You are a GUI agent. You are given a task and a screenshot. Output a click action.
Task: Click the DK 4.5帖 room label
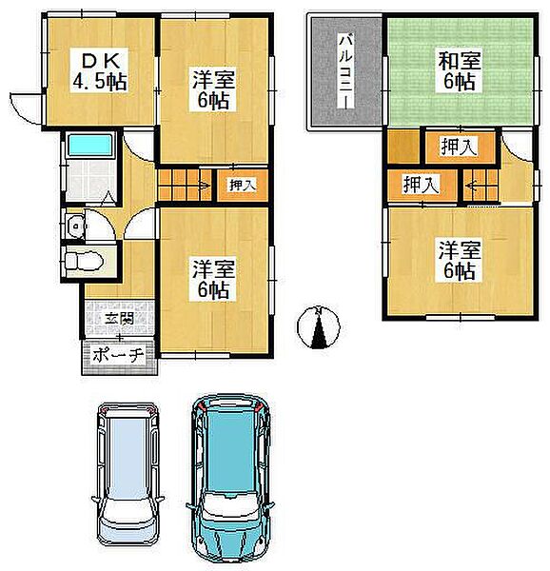click(100, 70)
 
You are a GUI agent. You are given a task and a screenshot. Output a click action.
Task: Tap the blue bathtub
click(90, 146)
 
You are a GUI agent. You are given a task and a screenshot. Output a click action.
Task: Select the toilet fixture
click(84, 261)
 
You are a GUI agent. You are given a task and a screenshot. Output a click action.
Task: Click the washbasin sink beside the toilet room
click(76, 226)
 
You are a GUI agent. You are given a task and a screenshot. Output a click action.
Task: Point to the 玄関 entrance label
click(119, 319)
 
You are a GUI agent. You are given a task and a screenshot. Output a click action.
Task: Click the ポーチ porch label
click(118, 354)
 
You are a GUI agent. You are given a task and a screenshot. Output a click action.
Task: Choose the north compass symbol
click(319, 327)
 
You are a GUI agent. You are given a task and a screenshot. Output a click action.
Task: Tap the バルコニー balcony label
click(345, 70)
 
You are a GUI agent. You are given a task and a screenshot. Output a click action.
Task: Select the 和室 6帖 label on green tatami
click(459, 71)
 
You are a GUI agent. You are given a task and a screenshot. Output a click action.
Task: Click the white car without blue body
click(128, 475)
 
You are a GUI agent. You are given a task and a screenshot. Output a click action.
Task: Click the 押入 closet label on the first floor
click(243, 185)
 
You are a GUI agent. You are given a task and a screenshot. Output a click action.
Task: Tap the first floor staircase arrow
click(203, 187)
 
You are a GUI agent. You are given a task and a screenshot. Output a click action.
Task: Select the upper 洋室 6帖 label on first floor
click(213, 89)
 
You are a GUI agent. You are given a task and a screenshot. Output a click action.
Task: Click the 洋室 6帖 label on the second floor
click(459, 260)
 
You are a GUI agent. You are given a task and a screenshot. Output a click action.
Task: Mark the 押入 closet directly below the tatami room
click(459, 147)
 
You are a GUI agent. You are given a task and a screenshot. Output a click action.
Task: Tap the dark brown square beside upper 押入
click(404, 147)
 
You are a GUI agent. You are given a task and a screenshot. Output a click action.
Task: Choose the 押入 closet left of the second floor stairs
click(422, 185)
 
